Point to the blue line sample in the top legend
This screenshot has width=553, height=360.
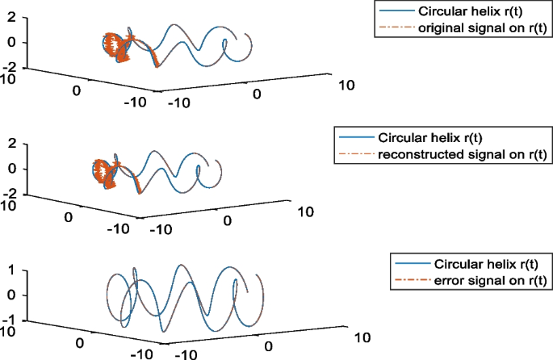coord(394,12)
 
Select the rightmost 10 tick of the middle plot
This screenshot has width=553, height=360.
coord(306,211)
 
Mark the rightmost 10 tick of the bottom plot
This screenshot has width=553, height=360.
coord(360,336)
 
